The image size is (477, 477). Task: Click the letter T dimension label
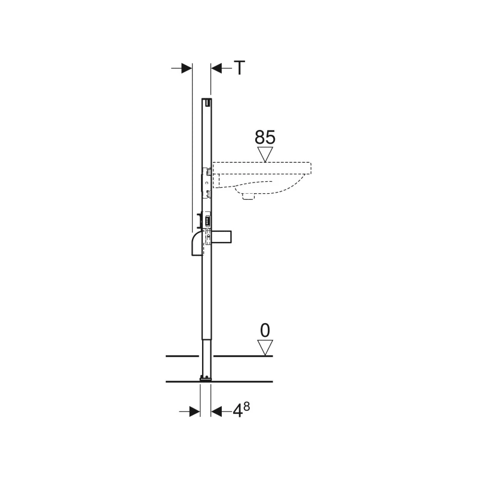pos(240,68)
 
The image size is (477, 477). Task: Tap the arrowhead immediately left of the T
pos(216,69)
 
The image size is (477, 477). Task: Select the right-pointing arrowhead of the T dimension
pos(187,69)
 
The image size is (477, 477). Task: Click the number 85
pos(265,137)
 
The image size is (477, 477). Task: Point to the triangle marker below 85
pos(265,154)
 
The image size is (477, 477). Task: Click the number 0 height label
pos(265,330)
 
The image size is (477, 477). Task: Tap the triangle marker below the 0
pos(265,348)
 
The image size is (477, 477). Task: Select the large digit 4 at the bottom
pos(237,412)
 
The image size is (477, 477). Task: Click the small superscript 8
pos(246,406)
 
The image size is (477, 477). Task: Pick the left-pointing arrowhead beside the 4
pos(216,412)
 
